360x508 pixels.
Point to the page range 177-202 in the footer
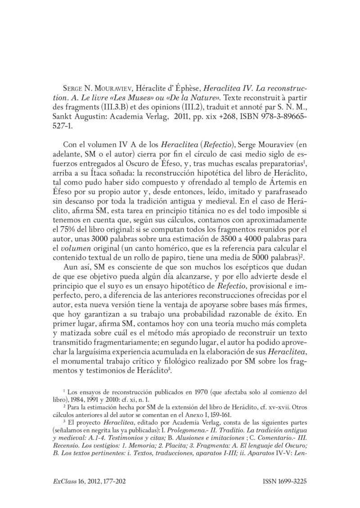pyautogui.click(x=110, y=481)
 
